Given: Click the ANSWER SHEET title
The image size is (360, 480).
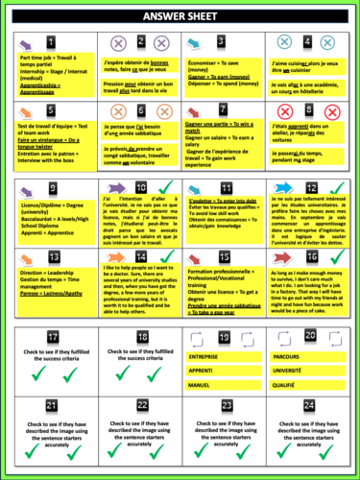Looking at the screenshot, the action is [x=180, y=16].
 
